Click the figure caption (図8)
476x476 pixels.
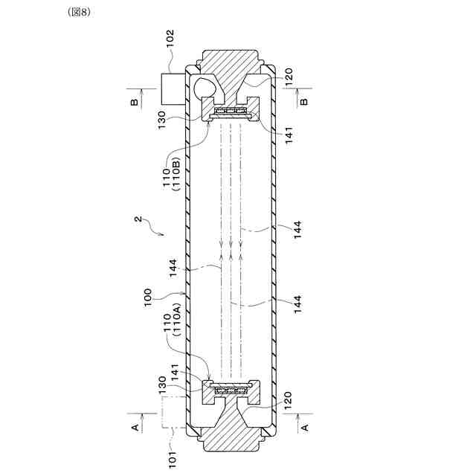click(x=80, y=12)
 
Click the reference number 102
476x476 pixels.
click(x=170, y=38)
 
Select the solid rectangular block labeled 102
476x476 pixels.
click(x=173, y=89)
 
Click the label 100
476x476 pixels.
click(x=147, y=297)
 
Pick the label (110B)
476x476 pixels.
click(x=177, y=173)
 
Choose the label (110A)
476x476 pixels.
click(x=177, y=320)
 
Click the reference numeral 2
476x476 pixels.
click(x=138, y=219)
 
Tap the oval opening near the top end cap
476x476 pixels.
click(x=205, y=88)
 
